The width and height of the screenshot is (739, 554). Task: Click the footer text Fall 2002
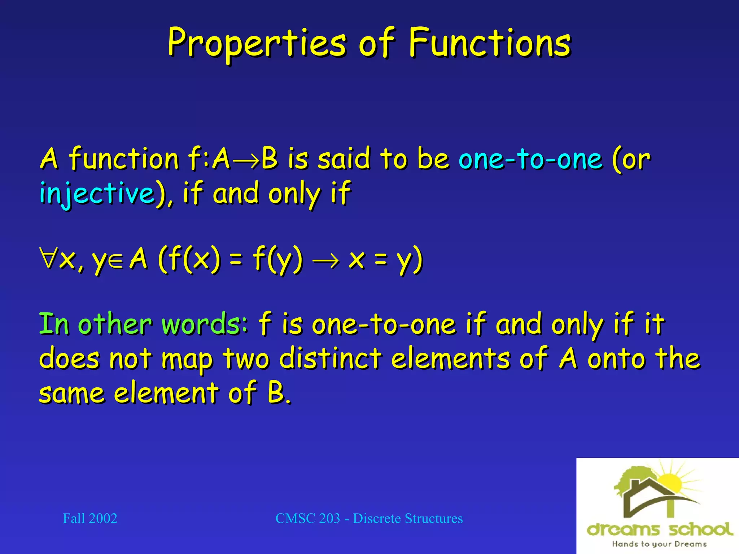click(90, 518)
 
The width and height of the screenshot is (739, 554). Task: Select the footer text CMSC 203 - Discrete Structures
click(369, 518)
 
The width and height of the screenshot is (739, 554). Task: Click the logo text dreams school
click(660, 529)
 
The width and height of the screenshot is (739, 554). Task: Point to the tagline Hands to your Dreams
click(659, 544)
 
